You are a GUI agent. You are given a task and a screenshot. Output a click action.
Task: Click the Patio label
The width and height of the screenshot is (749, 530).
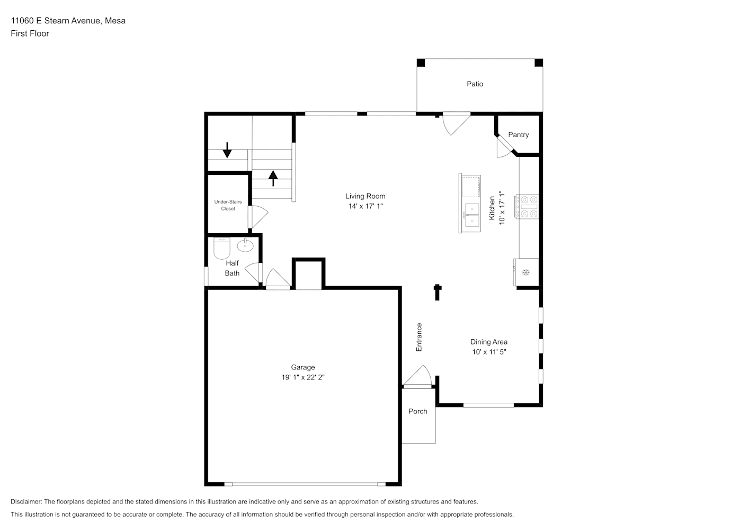[x=475, y=84]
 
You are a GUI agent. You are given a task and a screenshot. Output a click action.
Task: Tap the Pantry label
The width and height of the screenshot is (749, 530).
[x=518, y=135]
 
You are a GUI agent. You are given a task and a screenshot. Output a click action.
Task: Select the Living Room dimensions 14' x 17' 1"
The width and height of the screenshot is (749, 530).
[x=365, y=206]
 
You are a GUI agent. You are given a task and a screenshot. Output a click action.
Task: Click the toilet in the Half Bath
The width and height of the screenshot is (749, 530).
[x=222, y=248]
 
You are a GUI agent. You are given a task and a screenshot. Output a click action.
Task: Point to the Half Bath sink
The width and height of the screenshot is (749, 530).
[x=245, y=245]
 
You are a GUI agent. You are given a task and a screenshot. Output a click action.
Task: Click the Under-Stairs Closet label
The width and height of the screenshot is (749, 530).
[x=228, y=205]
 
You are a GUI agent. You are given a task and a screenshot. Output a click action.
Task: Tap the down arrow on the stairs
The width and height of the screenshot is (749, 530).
[x=227, y=150]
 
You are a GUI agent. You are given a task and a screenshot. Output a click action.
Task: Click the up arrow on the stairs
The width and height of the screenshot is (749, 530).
[x=273, y=178]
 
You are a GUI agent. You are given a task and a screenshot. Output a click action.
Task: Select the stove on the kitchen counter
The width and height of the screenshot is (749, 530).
[x=527, y=207]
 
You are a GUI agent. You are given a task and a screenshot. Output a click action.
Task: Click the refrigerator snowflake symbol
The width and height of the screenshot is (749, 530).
[x=526, y=272]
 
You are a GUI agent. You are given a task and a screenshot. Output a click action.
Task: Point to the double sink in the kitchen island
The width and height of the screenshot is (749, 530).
[x=472, y=215]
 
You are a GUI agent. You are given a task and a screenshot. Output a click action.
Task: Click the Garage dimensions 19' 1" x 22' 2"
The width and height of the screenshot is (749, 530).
[x=303, y=377]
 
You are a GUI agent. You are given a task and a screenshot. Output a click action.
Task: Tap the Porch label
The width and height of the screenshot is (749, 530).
[x=418, y=412]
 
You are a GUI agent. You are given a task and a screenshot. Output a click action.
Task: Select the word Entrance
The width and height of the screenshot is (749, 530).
[x=419, y=337]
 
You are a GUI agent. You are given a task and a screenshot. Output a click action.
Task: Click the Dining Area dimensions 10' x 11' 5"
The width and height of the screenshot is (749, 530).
[x=489, y=352]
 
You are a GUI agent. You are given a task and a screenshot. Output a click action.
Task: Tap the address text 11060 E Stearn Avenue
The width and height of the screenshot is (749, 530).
[x=56, y=21]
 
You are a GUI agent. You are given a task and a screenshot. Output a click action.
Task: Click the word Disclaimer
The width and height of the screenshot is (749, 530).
[x=26, y=501]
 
